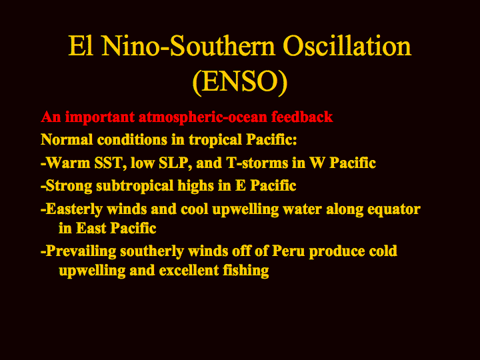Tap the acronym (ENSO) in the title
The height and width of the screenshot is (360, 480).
coord(240,81)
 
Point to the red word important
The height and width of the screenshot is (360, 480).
coord(100,117)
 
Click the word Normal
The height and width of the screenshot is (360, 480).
coord(67,139)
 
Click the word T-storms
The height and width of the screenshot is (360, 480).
coord(257,163)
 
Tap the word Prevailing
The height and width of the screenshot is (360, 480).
coord(81,251)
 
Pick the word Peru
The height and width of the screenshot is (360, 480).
coord(289,251)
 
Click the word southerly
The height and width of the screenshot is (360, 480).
coord(152,251)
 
